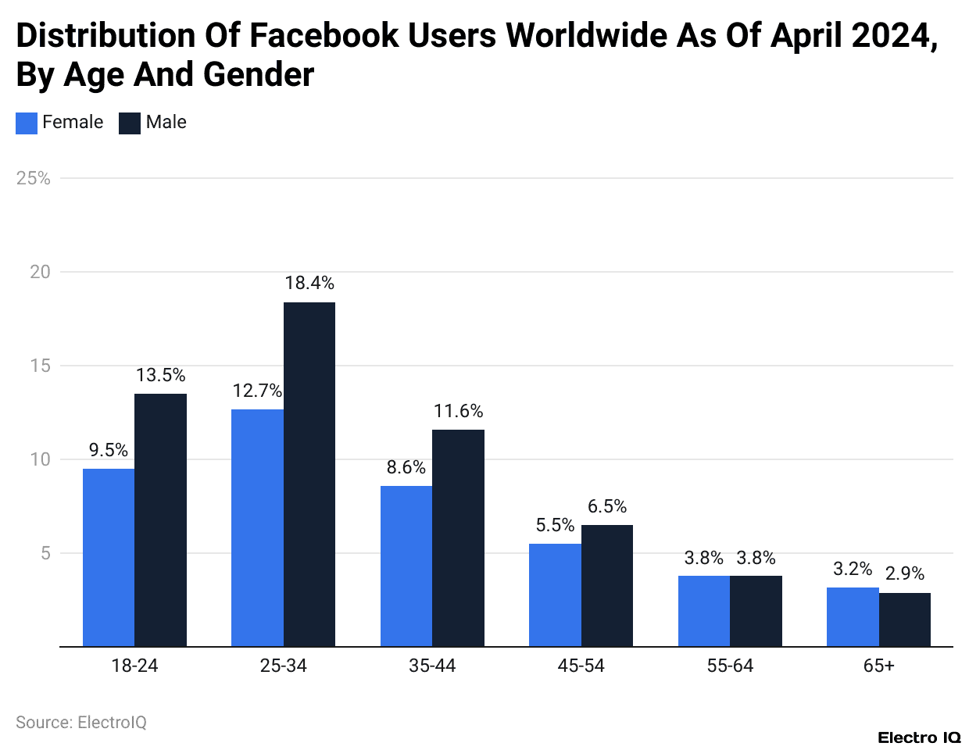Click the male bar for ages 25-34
click(x=309, y=474)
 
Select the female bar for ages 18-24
click(x=109, y=557)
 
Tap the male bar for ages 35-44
click(x=458, y=537)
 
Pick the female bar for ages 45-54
click(x=555, y=595)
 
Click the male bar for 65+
click(x=905, y=620)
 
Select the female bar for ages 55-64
click(x=704, y=611)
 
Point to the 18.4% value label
click(x=309, y=283)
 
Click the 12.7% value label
click(x=257, y=391)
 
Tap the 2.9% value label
click(x=905, y=573)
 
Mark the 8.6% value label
click(x=406, y=467)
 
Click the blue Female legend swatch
click(x=27, y=123)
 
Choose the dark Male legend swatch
click(x=130, y=123)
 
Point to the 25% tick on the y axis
click(x=34, y=178)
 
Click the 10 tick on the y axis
click(x=40, y=459)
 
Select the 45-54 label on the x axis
click(x=581, y=666)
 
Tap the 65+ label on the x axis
click(x=879, y=666)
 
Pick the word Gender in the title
click(x=259, y=75)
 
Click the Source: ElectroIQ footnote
click(x=81, y=723)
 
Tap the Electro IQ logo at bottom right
click(x=919, y=737)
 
